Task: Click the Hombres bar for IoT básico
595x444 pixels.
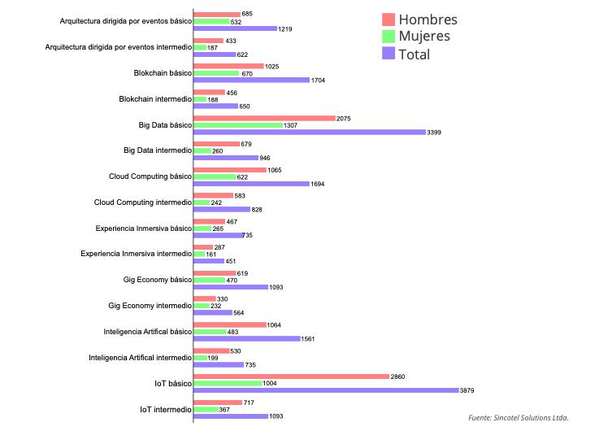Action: pyautogui.click(x=291, y=377)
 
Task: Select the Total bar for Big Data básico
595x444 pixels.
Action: pyautogui.click(x=309, y=132)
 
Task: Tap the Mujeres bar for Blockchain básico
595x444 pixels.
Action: pyautogui.click(x=216, y=73)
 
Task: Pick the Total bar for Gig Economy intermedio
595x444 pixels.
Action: pyautogui.click(x=213, y=312)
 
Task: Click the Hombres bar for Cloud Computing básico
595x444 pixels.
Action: pyautogui.click(x=230, y=170)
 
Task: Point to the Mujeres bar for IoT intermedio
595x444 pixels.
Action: pyautogui.click(x=206, y=409)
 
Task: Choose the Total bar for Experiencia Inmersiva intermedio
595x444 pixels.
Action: pyautogui.click(x=209, y=261)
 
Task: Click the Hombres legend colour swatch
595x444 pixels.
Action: pyautogui.click(x=389, y=20)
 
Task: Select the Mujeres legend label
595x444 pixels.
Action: pyautogui.click(x=423, y=37)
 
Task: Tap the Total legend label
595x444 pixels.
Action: pyautogui.click(x=414, y=54)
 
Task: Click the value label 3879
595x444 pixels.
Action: pyautogui.click(x=467, y=390)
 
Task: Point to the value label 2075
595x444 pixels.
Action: pyautogui.click(x=344, y=118)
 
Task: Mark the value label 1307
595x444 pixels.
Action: pyautogui.click(x=290, y=125)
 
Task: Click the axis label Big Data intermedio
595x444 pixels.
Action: pyautogui.click(x=157, y=150)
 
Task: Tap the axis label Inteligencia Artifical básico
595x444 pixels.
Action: pyautogui.click(x=147, y=332)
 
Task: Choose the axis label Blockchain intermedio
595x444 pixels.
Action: pyautogui.click(x=154, y=98)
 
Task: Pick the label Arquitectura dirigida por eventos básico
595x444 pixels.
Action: pyautogui.click(x=126, y=21)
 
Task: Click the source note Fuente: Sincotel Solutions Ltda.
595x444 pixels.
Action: pyautogui.click(x=518, y=417)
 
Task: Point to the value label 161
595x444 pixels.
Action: pyautogui.click(x=211, y=254)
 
